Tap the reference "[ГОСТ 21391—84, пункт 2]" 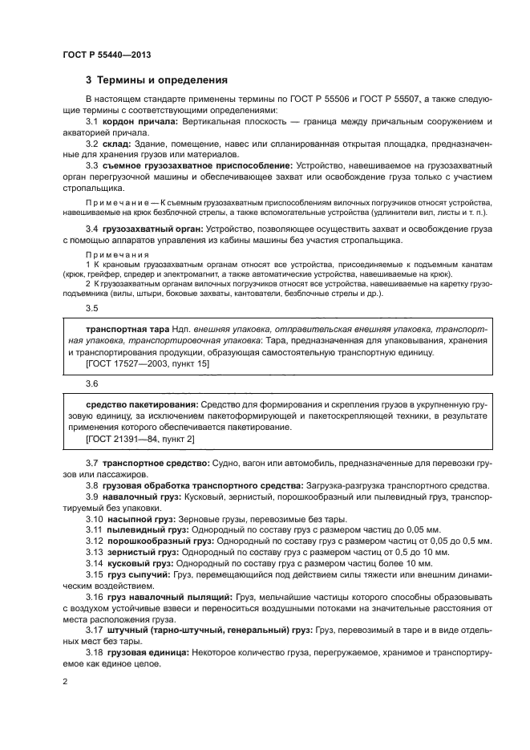140,440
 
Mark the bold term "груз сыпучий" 134,575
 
